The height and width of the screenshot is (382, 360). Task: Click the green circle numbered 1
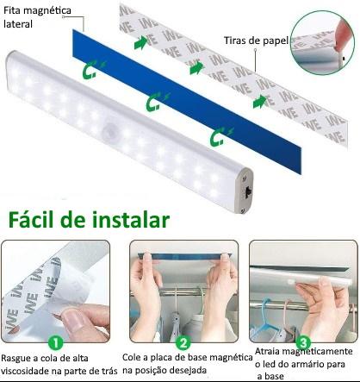click(x=56, y=343)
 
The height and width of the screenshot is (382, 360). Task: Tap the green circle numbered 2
click(x=183, y=342)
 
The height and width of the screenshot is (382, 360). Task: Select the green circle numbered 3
click(x=303, y=342)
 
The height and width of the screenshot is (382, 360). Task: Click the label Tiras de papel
click(x=256, y=41)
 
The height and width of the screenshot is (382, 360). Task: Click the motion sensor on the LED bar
click(x=109, y=133)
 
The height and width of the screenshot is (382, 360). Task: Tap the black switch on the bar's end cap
click(x=248, y=191)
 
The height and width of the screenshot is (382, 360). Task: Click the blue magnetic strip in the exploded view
click(x=187, y=102)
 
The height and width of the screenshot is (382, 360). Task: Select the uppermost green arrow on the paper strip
click(x=140, y=42)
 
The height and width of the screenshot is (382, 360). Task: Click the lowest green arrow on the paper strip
click(x=260, y=102)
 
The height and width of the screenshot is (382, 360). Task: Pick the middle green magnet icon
click(x=155, y=102)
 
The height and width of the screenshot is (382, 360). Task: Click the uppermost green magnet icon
click(x=91, y=70)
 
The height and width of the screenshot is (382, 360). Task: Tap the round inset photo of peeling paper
click(x=322, y=43)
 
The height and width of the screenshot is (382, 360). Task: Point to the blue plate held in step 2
click(x=184, y=256)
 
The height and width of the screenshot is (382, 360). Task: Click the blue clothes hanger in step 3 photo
click(x=265, y=322)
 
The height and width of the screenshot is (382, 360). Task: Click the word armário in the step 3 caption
click(x=310, y=365)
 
